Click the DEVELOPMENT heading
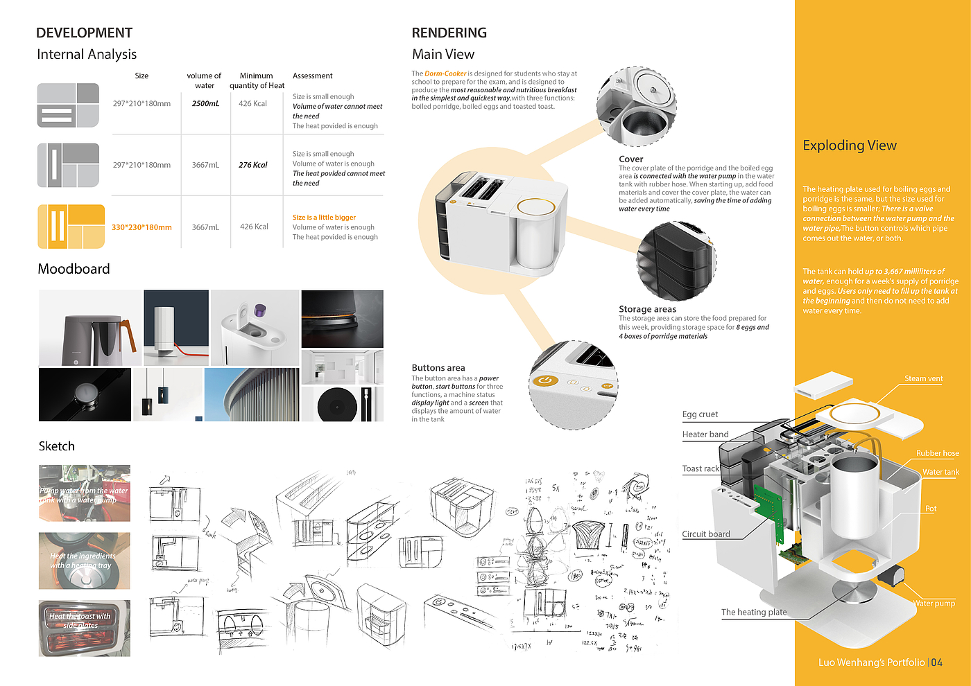[84, 33]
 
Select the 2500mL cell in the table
[205, 104]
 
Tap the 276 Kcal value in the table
[252, 165]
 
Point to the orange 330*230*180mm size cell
[141, 227]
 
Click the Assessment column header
[312, 76]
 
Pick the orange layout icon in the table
[71, 227]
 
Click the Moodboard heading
[74, 269]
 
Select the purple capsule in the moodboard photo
[261, 310]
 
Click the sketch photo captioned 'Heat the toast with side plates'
[84, 628]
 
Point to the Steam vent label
[923, 378]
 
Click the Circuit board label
[705, 534]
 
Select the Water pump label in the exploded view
[934, 604]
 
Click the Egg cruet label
[700, 414]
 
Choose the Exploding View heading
[849, 146]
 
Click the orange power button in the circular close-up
[544, 380]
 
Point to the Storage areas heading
[647, 309]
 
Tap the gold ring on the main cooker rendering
[535, 207]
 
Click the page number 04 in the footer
[936, 662]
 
